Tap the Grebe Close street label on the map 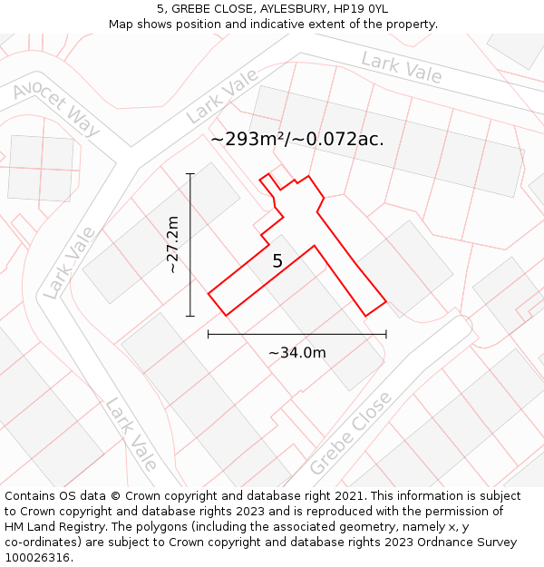351,433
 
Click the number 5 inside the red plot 277,261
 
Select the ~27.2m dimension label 172,245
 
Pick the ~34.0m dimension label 297,352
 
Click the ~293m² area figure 248,139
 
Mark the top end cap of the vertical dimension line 190,173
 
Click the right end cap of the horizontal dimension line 386,334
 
